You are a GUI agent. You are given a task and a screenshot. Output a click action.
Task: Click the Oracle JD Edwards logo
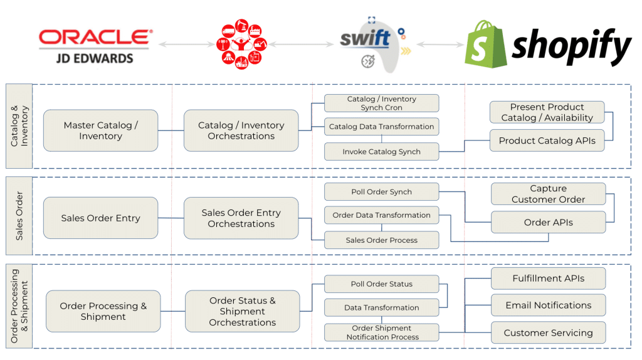[95, 46]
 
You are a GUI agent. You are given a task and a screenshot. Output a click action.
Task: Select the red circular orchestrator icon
[241, 44]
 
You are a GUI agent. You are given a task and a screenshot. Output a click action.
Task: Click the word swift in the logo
[365, 38]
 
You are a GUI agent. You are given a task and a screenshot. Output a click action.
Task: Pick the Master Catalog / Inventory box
[101, 130]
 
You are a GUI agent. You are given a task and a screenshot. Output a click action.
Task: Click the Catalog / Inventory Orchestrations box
[241, 130]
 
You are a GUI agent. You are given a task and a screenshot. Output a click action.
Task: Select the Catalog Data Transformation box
[382, 127]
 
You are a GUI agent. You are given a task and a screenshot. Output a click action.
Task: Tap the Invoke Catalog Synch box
[382, 152]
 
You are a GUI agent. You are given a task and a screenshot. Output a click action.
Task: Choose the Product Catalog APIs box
[547, 140]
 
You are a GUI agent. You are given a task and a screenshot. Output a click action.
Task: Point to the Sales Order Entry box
[101, 218]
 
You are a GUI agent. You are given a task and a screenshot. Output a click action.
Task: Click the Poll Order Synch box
[382, 192]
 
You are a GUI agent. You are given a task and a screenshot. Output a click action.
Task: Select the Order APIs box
[548, 222]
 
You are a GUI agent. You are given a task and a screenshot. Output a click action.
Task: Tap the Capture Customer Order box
[548, 194]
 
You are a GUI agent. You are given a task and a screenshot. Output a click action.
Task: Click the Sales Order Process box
[382, 240]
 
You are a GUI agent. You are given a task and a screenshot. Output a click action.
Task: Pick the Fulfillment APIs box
[548, 278]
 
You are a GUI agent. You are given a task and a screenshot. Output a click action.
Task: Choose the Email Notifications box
[548, 305]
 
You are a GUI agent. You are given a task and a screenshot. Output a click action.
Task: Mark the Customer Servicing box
[548, 332]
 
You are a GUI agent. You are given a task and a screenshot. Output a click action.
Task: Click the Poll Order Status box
[382, 284]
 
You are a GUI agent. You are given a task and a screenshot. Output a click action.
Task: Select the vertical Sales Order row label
[19, 216]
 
